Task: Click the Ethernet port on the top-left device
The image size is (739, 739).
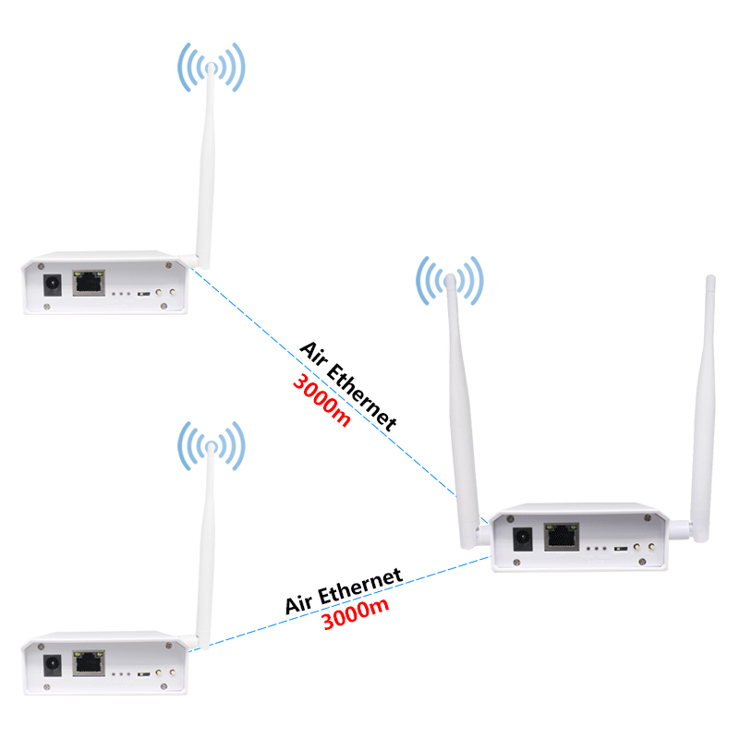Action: pyautogui.click(x=89, y=282)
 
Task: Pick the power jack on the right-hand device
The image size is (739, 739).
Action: pyautogui.click(x=523, y=538)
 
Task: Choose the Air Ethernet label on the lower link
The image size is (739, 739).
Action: pyautogui.click(x=344, y=591)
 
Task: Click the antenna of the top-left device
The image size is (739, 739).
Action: pyautogui.click(x=205, y=166)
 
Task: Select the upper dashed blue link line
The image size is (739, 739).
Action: pyautogui.click(x=268, y=333)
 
